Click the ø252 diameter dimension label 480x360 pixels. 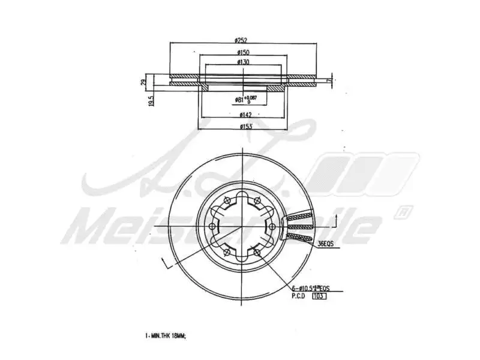(241, 40)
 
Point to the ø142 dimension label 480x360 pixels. (244, 115)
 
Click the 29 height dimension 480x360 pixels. (143, 83)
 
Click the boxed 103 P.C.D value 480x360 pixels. (319, 296)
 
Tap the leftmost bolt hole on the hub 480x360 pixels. (212, 226)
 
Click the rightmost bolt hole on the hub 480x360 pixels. (272, 226)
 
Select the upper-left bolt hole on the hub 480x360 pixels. (227, 200)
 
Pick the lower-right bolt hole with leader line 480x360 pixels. (257, 252)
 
